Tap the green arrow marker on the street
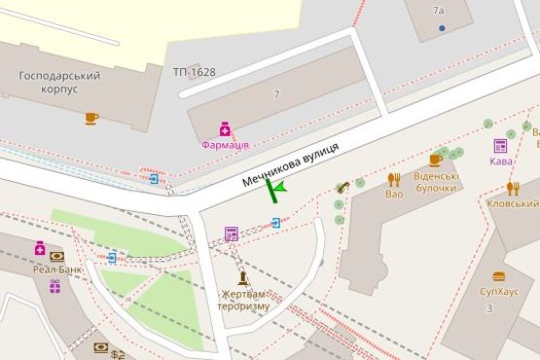[x=276, y=188]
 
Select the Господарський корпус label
[x=60, y=82]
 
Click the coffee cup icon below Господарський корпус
[x=91, y=118]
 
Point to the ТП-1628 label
[x=195, y=72]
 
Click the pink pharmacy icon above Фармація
[x=225, y=127]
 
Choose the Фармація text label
[x=225, y=145]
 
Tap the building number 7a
[x=438, y=11]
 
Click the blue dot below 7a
[x=442, y=28]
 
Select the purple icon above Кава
[x=500, y=146]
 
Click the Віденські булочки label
[x=435, y=182]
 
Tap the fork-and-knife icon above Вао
[x=394, y=179]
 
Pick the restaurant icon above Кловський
[x=513, y=189]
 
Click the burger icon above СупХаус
[x=499, y=276]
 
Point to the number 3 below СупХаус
[x=489, y=308]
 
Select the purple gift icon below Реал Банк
[x=55, y=286]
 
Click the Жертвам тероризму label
[x=243, y=299]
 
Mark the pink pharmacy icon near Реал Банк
[x=40, y=248]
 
